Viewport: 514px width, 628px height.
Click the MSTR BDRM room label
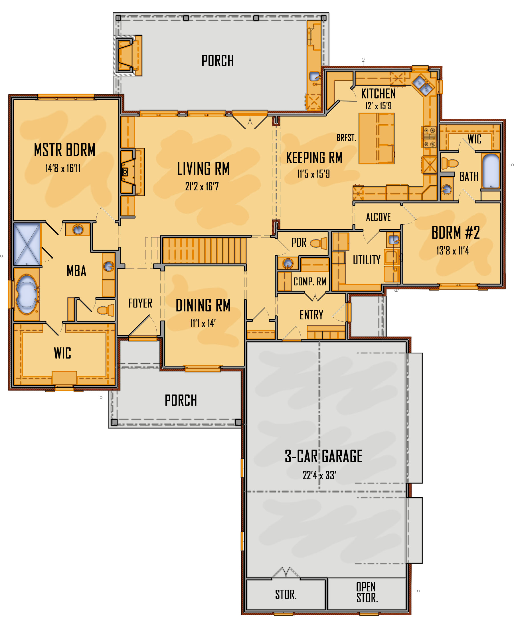(x=64, y=150)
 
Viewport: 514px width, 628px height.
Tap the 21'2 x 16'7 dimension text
(x=202, y=186)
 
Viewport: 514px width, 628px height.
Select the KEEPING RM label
(x=314, y=158)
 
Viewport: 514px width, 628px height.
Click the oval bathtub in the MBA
(x=27, y=294)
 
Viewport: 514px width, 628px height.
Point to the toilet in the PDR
(x=319, y=243)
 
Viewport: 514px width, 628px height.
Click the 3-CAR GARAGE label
(x=323, y=456)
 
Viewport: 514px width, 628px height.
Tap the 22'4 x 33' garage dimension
(x=319, y=476)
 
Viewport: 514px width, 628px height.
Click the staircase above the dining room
(x=205, y=250)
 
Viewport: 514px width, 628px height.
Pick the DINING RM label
(x=203, y=305)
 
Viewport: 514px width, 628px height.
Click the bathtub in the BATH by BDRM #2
(x=491, y=171)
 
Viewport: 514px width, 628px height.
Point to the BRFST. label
(x=346, y=138)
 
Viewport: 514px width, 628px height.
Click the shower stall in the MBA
(x=27, y=244)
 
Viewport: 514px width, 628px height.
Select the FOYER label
(x=140, y=303)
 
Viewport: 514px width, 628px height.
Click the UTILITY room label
(x=367, y=260)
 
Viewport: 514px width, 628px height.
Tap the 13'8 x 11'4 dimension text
(x=453, y=251)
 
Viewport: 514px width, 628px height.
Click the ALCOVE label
(x=378, y=217)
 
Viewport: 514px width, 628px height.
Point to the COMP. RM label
(x=310, y=281)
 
